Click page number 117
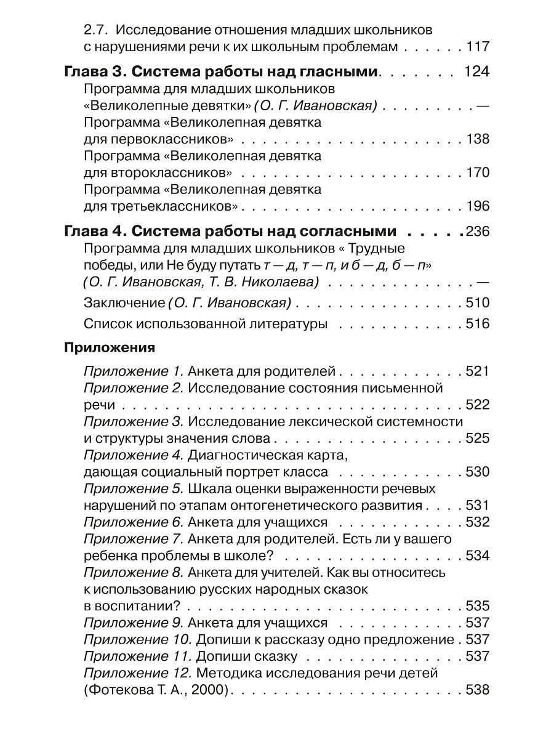coord(478,46)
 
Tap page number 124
coord(476,72)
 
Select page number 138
coord(478,139)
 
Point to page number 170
coord(478,172)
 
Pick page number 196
coord(478,205)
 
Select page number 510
coord(478,303)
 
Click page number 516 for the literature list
coord(478,324)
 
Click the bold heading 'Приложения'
coord(109,347)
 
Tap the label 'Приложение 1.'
coord(133,371)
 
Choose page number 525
coord(478,438)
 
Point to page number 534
coord(478,555)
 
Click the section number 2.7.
coord(95,30)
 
